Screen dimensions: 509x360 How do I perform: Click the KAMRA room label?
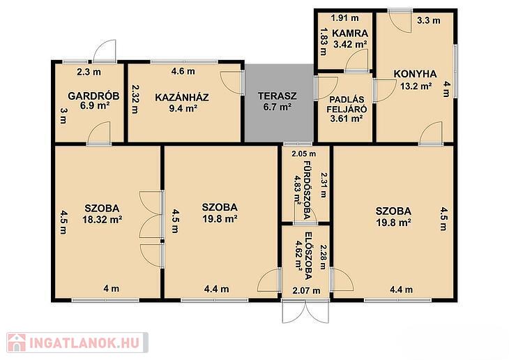pos(350,33)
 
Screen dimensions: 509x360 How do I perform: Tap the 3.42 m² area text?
pos(350,44)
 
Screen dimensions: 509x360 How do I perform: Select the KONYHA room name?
pos(415,74)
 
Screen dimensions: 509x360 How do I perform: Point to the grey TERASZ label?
pos(278,96)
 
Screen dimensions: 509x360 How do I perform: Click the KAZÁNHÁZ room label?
pos(182,97)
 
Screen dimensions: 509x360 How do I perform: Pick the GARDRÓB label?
pos(93,96)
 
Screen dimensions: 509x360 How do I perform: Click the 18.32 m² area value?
pos(102,220)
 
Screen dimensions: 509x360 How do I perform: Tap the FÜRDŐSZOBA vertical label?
pos(307,190)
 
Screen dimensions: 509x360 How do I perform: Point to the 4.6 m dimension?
pos(183,71)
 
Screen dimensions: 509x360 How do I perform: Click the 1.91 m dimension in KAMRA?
pos(344,18)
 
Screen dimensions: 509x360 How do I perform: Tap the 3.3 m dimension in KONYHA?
pos(429,20)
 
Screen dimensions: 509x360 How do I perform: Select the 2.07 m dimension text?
pos(306,290)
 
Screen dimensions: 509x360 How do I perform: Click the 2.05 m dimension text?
pos(303,153)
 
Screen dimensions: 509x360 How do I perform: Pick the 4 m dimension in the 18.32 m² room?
pos(112,288)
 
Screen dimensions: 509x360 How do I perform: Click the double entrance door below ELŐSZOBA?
pos(305,312)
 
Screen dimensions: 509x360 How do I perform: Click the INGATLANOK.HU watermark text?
pos(85,343)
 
